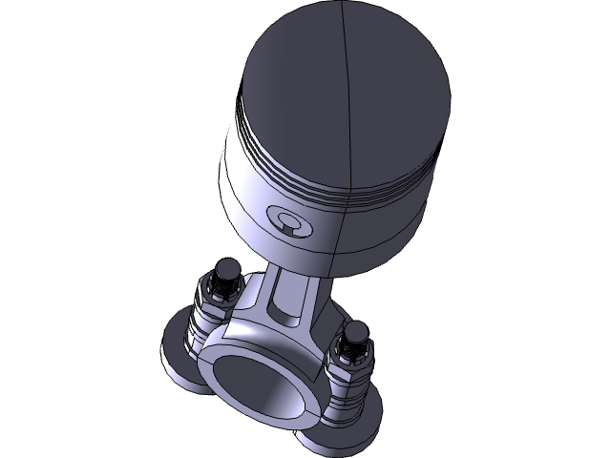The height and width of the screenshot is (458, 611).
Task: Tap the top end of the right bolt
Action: pos(357,331)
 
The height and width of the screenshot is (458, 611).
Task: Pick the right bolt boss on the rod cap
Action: pos(344,391)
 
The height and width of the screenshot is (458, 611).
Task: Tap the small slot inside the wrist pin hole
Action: pos(289,227)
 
